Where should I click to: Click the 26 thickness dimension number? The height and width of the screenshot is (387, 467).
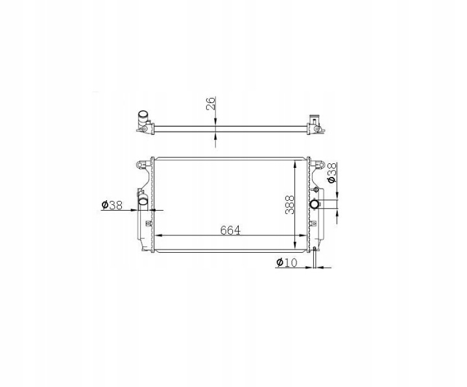211,103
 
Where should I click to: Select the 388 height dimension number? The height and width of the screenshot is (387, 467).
290,205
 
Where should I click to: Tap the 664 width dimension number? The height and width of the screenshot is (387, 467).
230,230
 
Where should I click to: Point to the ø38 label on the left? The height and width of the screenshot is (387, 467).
112,205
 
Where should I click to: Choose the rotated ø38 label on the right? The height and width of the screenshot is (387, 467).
331,172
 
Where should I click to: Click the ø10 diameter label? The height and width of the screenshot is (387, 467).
287,263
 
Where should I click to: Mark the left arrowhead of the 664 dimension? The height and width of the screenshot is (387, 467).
159,235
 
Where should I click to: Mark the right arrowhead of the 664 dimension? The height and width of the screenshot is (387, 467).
303,235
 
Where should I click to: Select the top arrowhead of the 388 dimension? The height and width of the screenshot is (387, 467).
295,163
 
